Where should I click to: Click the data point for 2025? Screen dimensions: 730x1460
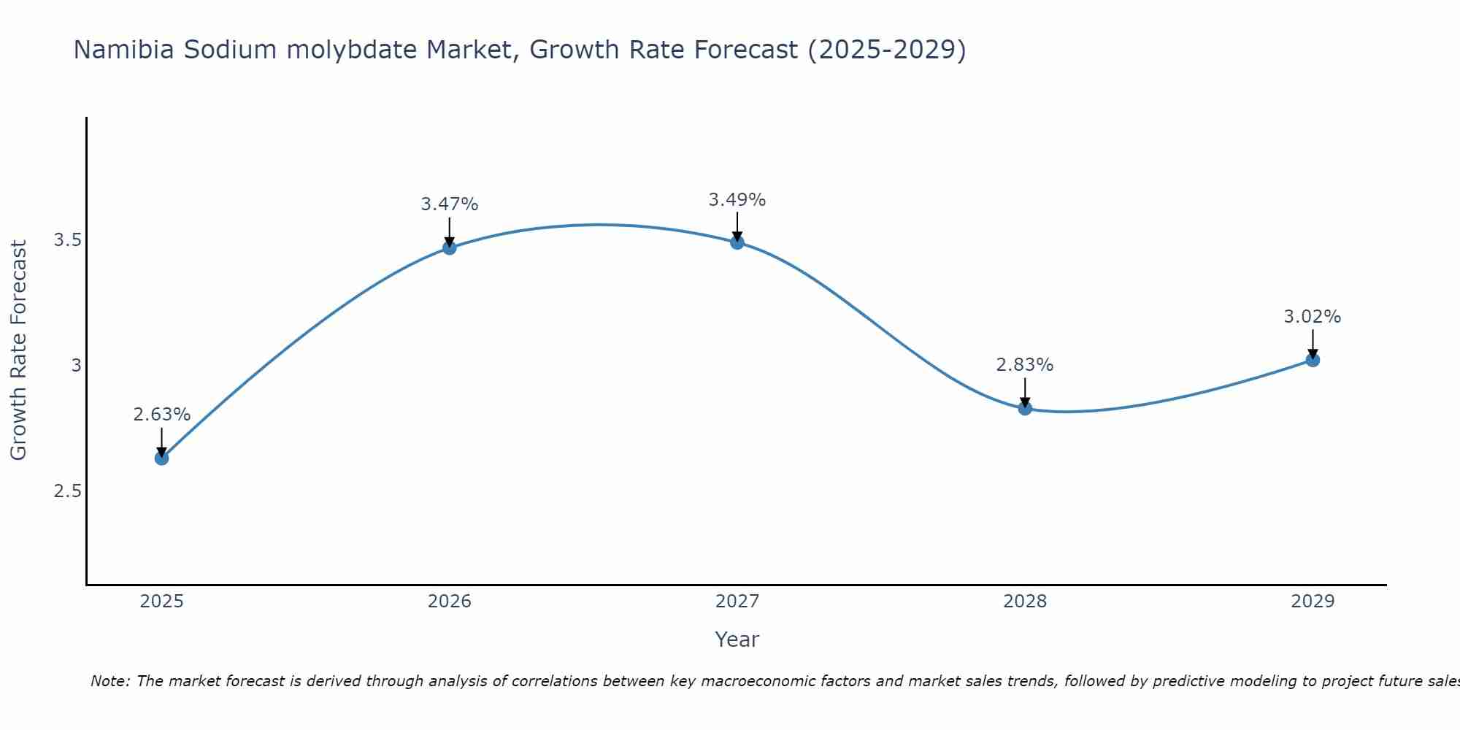(161, 458)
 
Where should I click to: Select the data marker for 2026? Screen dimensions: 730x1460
(449, 247)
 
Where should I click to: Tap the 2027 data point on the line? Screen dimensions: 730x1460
(737, 242)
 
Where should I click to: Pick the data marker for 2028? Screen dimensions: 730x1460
(1025, 408)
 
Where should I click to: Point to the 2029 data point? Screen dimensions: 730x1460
(1313, 360)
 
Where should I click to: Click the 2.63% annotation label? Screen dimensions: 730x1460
(161, 415)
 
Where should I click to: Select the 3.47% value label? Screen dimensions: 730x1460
(449, 204)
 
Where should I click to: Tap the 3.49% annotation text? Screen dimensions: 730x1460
(737, 199)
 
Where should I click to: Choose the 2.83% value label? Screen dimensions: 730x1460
(1025, 365)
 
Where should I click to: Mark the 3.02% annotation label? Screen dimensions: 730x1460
(1313, 317)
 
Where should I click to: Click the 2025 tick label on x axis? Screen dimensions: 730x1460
(161, 602)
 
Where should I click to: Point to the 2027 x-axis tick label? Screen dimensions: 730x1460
(737, 602)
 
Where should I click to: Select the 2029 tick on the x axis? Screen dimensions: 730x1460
(1313, 602)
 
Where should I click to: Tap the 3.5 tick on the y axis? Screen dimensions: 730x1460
(67, 240)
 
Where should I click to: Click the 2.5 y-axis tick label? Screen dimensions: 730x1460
(67, 491)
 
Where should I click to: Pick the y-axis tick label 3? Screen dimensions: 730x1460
(76, 365)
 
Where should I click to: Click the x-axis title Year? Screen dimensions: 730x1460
(737, 639)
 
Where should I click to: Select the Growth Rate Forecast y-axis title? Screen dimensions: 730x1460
(18, 350)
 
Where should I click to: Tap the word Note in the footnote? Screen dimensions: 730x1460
(109, 681)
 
